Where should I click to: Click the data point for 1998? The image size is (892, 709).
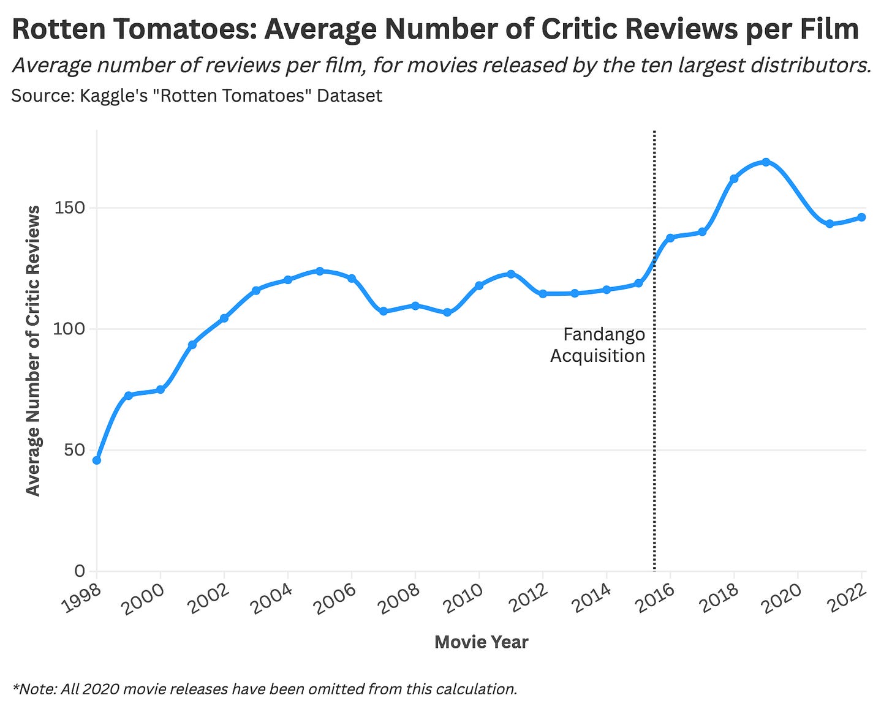tap(97, 460)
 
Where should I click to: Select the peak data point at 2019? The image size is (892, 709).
tap(766, 162)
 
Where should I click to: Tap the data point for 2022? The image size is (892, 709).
tap(861, 217)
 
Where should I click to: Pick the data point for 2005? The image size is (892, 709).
tap(320, 271)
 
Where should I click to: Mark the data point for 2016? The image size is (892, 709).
tap(670, 238)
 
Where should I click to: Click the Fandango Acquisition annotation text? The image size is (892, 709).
tap(599, 345)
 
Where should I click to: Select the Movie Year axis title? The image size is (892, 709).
tap(481, 642)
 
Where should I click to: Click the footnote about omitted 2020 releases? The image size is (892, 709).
tap(264, 689)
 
